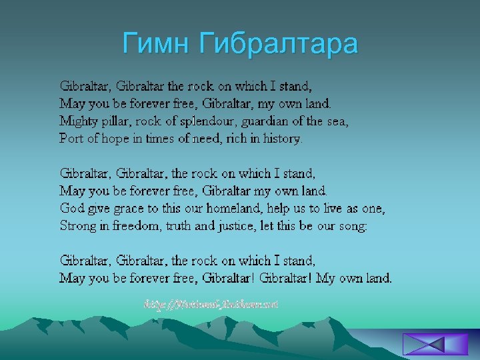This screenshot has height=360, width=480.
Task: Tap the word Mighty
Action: (x=78, y=121)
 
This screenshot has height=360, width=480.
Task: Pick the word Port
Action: (x=71, y=139)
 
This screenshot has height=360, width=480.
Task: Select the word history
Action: (x=281, y=139)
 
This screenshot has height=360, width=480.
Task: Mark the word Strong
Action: (x=77, y=226)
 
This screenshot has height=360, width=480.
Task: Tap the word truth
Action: (x=178, y=226)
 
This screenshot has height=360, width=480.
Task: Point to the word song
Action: (x=351, y=226)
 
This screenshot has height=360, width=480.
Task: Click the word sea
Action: (x=338, y=121)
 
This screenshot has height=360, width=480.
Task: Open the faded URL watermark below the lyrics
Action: (x=211, y=304)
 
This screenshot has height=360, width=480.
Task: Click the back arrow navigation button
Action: (x=426, y=344)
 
